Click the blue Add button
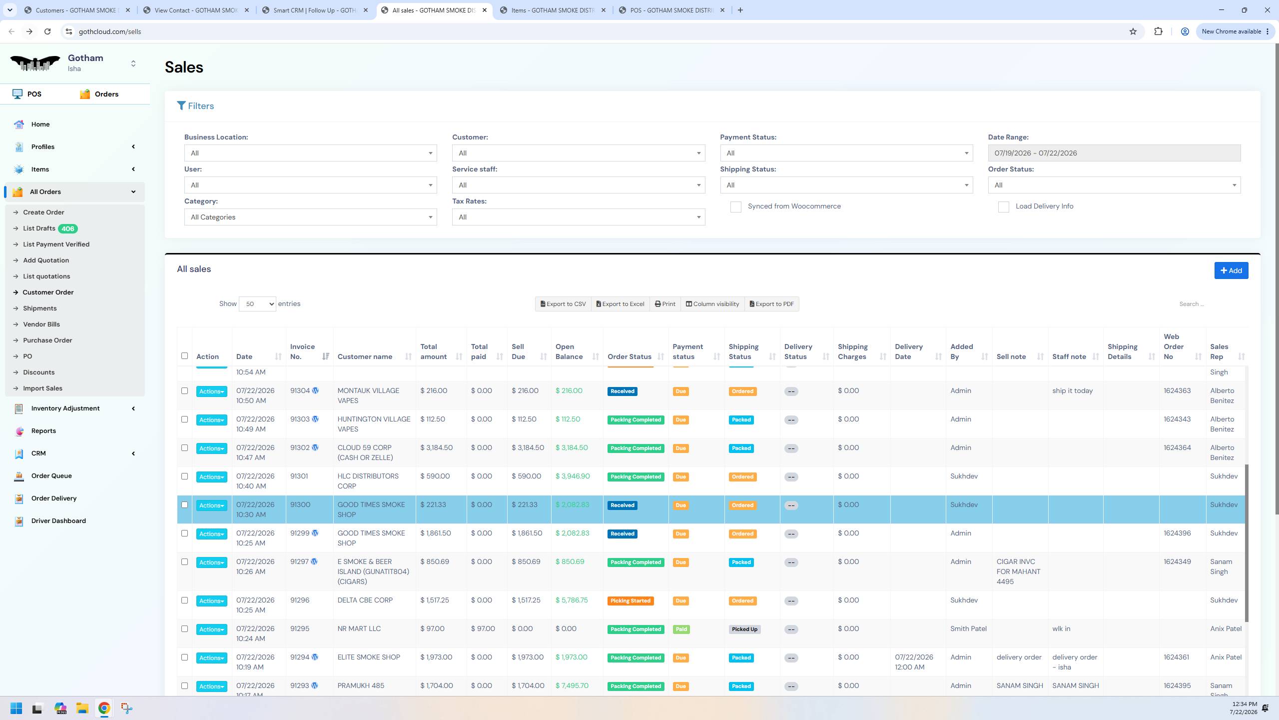click(x=1231, y=270)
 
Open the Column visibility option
click(x=712, y=304)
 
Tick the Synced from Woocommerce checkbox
click(x=735, y=207)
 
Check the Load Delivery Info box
click(x=1003, y=207)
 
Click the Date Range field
click(x=1114, y=153)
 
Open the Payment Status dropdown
click(x=846, y=153)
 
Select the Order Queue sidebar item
click(x=51, y=475)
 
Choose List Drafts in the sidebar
click(x=39, y=228)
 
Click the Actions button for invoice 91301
click(x=211, y=477)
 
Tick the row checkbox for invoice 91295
click(x=184, y=629)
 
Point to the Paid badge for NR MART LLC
click(x=681, y=629)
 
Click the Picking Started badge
click(x=631, y=601)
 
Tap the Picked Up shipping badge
click(x=744, y=629)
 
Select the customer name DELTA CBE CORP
click(x=365, y=600)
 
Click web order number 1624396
click(x=1177, y=533)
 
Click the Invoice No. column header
click(x=303, y=351)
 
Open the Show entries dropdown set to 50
click(x=257, y=304)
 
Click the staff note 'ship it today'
click(x=1072, y=391)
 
